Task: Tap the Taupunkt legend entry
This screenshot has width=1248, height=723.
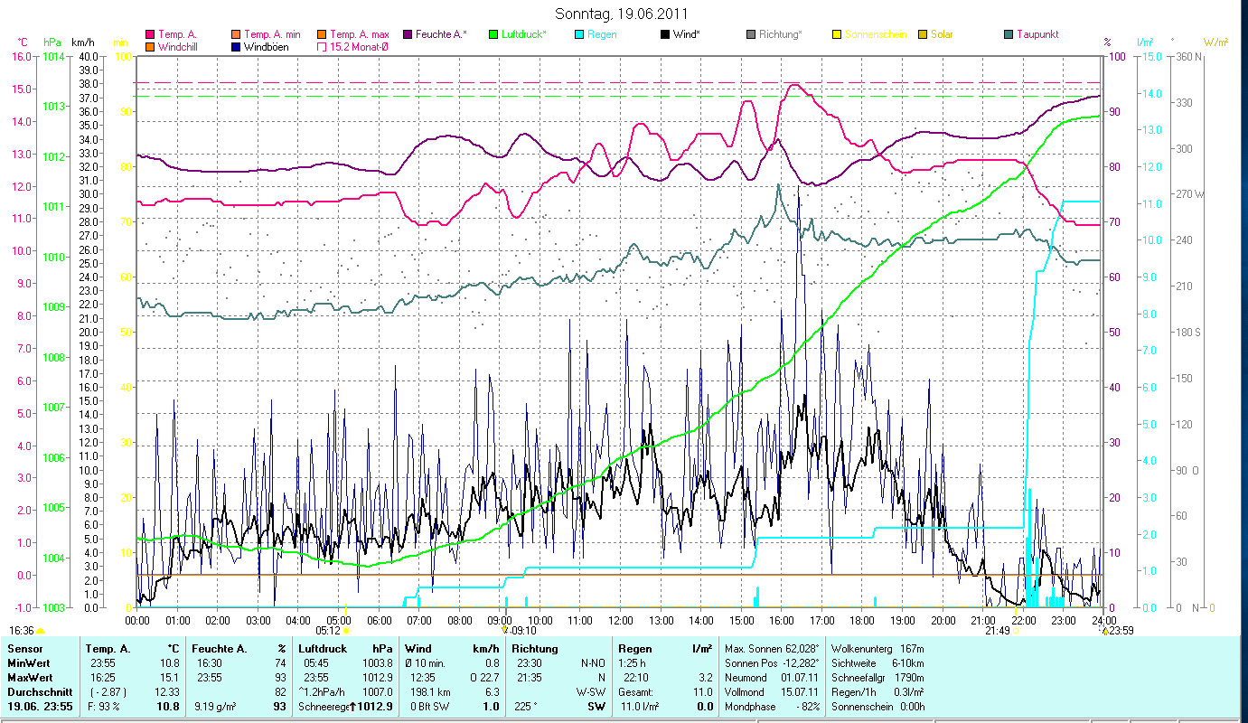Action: [x=1037, y=34]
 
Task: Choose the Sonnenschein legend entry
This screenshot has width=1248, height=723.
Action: [x=872, y=34]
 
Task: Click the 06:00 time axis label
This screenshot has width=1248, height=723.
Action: [x=379, y=620]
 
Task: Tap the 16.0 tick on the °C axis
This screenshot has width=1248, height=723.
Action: [x=22, y=56]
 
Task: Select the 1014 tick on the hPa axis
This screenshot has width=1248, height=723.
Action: [x=53, y=56]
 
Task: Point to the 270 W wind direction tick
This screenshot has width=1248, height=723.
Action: [x=1187, y=194]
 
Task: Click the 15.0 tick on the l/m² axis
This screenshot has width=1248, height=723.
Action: [x=1148, y=56]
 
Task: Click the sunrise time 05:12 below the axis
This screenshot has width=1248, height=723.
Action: [x=327, y=631]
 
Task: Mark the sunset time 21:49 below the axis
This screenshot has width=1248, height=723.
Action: [x=997, y=631]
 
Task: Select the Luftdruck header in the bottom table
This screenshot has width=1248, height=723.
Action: [x=323, y=649]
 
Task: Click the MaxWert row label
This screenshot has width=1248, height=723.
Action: [x=31, y=677]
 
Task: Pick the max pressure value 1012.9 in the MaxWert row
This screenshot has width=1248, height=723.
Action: [x=377, y=677]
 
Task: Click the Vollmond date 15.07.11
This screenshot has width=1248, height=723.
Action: [x=795, y=691]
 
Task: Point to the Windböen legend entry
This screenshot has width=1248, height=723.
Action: [x=267, y=46]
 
